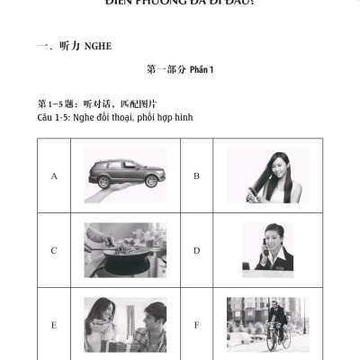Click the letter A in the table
click(x=54, y=175)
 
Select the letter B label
click(x=196, y=175)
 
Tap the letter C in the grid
click(x=54, y=250)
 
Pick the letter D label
click(x=196, y=250)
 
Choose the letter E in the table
click(x=54, y=324)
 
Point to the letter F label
click(x=196, y=324)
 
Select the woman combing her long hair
click(x=268, y=173)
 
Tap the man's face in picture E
click(x=154, y=315)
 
